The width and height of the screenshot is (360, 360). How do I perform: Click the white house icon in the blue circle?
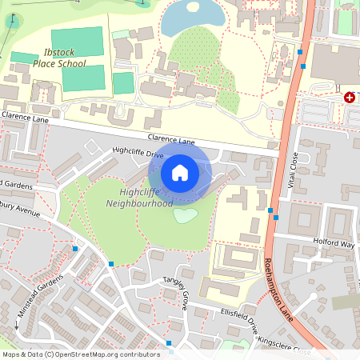pyautogui.click(x=180, y=172)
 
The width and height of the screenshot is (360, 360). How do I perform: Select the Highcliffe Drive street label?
pyautogui.click(x=138, y=152)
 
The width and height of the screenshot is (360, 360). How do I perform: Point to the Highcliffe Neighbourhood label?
pyautogui.click(x=139, y=198)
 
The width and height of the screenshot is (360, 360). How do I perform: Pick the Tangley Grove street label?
pyautogui.click(x=175, y=293)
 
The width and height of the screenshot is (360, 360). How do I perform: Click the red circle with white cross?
pyautogui.click(x=349, y=97)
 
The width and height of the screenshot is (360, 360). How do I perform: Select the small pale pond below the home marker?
pyautogui.click(x=185, y=214)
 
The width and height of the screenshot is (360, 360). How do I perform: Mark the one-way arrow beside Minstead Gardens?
pyautogui.click(x=16, y=326)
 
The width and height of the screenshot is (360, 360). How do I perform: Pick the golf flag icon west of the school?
pyautogui.click(x=11, y=18)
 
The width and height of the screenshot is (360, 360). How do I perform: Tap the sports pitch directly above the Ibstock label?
pyautogui.click(x=78, y=39)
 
